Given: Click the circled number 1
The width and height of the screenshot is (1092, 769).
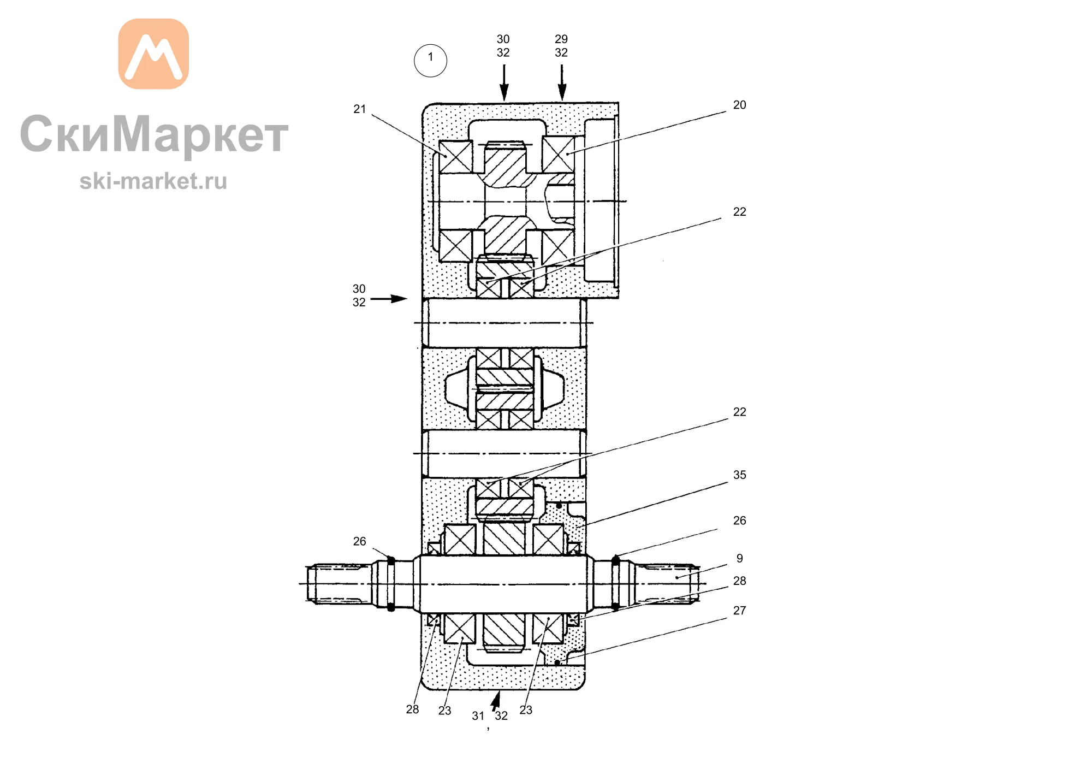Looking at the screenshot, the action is click(430, 60).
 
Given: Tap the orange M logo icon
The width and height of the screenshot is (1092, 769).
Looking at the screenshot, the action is click(153, 54).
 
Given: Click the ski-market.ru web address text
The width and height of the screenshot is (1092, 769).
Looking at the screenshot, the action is click(153, 181).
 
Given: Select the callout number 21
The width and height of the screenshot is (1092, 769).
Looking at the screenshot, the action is click(359, 109).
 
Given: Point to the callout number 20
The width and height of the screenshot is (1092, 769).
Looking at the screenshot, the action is click(739, 105).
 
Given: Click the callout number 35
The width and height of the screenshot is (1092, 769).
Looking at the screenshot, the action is click(739, 475).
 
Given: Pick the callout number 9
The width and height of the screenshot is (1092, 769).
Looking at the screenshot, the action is click(739, 558).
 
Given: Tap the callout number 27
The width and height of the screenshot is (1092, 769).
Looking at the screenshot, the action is click(739, 611).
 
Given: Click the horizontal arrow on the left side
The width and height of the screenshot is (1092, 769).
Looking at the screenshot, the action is click(389, 299).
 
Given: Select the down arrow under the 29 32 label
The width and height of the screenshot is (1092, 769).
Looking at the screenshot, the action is click(562, 82).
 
